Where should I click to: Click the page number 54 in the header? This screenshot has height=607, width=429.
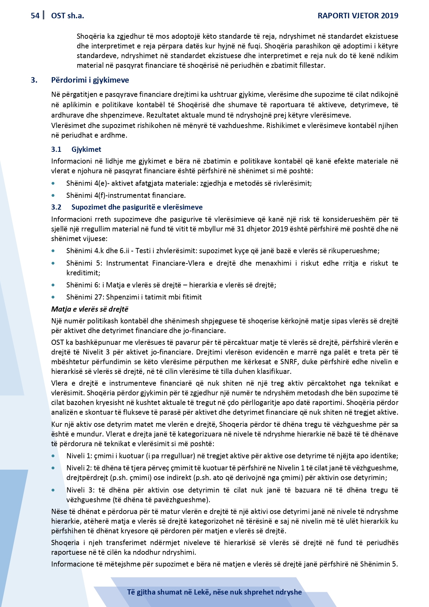tap(35, 16)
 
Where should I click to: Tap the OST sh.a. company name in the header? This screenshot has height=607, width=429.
tap(67, 16)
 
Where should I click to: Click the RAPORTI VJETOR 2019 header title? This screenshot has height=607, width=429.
tap(358, 16)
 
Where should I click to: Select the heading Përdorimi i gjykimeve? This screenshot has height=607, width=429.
tap(90, 80)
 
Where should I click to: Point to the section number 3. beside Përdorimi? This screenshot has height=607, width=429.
tap(34, 80)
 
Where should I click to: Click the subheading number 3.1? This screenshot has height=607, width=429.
tap(56, 149)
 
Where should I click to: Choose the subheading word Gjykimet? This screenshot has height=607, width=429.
tap(86, 149)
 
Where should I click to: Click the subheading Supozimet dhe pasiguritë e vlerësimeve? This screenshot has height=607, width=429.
tap(137, 207)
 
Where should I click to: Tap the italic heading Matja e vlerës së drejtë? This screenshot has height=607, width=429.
tap(90, 309)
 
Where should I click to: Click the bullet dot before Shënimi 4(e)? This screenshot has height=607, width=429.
tap(53, 184)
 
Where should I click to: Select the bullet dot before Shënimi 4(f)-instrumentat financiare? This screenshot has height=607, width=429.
tap(53, 196)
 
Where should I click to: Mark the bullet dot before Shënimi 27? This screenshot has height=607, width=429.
tap(53, 297)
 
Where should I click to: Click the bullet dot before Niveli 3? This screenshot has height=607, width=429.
tap(53, 490)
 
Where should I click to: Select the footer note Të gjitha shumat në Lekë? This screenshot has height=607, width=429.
tap(214, 592)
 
